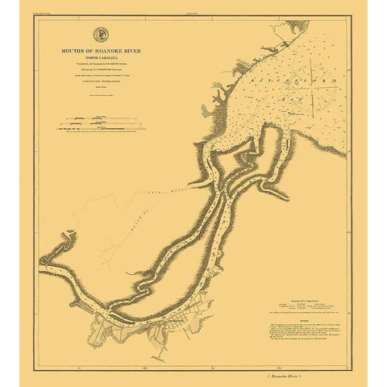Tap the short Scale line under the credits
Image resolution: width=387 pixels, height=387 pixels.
pyautogui.click(x=102, y=87)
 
